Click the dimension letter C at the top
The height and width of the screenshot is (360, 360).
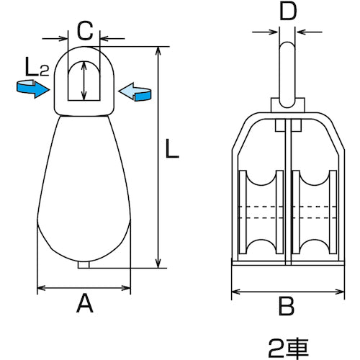[x=85, y=31]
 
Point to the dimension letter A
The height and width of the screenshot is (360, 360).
[x=85, y=306]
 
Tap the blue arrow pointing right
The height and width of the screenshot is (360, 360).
[x=31, y=88]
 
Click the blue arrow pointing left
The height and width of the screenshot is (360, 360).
[x=137, y=91]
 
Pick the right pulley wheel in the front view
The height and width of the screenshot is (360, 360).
[x=315, y=214]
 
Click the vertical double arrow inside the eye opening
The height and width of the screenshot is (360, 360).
[x=85, y=81]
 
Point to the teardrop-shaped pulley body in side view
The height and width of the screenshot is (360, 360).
[x=85, y=194]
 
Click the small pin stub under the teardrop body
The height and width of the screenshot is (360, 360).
[x=85, y=264]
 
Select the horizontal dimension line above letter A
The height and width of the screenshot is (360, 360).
[x=85, y=289]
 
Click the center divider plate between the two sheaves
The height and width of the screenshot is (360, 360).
[x=287, y=194]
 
